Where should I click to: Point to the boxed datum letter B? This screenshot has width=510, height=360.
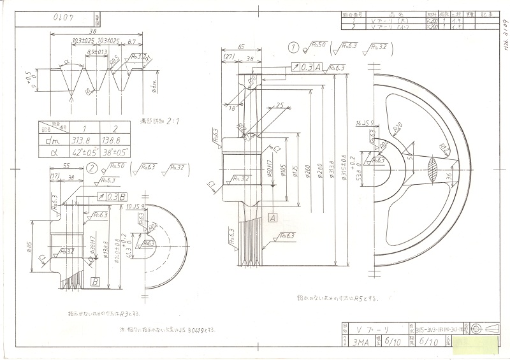coord(95,281)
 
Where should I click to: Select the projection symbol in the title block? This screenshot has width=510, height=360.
coord(489,328)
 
